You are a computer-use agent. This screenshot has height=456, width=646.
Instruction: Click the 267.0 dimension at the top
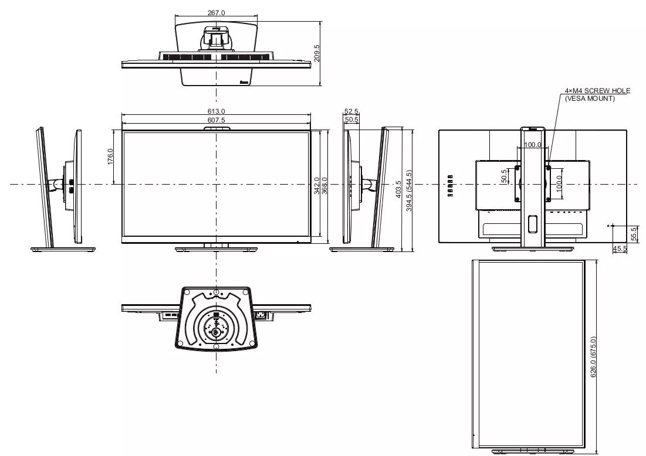[x=217, y=13]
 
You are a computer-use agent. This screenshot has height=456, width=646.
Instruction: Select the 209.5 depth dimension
[x=317, y=53]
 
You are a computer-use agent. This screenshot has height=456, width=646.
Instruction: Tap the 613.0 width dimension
[x=217, y=111]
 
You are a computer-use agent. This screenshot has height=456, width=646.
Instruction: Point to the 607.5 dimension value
[x=217, y=120]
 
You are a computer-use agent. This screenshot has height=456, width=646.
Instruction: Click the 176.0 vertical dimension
[x=110, y=156]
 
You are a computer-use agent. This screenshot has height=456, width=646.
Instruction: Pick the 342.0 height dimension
[x=317, y=186]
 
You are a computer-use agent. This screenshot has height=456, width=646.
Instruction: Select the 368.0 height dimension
[x=324, y=186]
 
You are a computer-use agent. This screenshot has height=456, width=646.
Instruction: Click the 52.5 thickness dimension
[x=351, y=111]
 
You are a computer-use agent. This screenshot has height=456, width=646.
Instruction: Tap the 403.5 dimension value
[x=398, y=189]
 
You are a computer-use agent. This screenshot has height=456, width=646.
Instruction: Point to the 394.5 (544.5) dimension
[x=409, y=190]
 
